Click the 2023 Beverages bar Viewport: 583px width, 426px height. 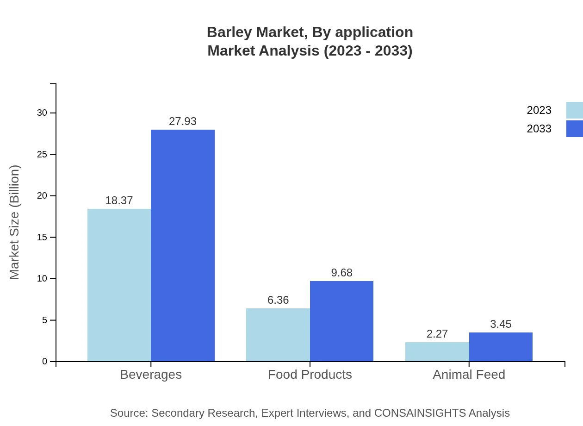[x=119, y=285]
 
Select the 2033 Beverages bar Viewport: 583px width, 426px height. [x=183, y=245]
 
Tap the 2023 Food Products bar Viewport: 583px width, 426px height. [x=278, y=335]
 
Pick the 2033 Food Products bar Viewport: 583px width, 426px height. [x=341, y=321]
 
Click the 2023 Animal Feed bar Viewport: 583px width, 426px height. [x=437, y=351]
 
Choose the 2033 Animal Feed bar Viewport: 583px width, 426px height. [x=501, y=347]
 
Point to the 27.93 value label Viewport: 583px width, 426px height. [x=183, y=121]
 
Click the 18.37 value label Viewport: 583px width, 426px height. [x=119, y=200]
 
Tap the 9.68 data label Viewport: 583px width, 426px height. [x=341, y=273]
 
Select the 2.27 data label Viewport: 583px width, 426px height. [x=437, y=334]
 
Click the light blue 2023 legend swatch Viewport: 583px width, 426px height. [x=574, y=110]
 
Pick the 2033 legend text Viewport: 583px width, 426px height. [x=539, y=129]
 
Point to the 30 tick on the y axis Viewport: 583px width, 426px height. [x=42, y=113]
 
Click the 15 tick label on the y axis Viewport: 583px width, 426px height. [x=42, y=237]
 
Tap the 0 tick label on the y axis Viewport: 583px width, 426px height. [x=45, y=361]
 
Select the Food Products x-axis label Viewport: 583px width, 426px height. [x=310, y=374]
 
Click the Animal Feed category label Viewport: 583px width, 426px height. [x=469, y=374]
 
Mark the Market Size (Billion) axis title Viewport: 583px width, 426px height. [x=14, y=222]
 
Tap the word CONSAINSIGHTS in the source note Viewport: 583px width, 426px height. [x=420, y=413]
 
